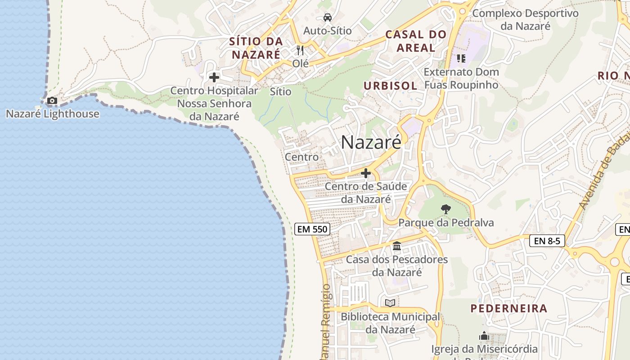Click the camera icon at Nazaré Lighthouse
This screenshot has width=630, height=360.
(52, 101)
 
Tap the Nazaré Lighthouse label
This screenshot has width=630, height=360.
(53, 114)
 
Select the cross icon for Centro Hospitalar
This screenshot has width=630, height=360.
(214, 77)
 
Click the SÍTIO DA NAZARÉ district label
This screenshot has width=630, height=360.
(256, 48)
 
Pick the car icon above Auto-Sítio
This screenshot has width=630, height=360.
(328, 18)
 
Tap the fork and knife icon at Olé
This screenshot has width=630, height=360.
(301, 50)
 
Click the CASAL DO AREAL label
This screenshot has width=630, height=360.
(416, 41)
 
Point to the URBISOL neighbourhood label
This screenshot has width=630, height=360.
(390, 85)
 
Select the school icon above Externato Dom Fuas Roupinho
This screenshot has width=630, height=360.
(461, 58)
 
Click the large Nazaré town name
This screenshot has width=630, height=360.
(371, 142)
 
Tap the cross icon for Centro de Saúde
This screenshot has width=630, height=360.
(366, 173)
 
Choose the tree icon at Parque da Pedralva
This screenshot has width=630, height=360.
(446, 209)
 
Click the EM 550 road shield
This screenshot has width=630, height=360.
(313, 229)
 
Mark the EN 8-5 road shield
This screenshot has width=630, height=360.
(547, 241)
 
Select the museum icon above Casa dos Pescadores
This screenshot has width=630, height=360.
(397, 246)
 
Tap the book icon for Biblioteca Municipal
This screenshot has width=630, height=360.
(390, 303)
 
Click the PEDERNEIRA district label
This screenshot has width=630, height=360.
(509, 308)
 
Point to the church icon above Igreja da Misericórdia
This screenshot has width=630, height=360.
(484, 336)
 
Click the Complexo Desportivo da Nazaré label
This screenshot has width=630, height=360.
(525, 19)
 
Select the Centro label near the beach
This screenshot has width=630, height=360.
(301, 157)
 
